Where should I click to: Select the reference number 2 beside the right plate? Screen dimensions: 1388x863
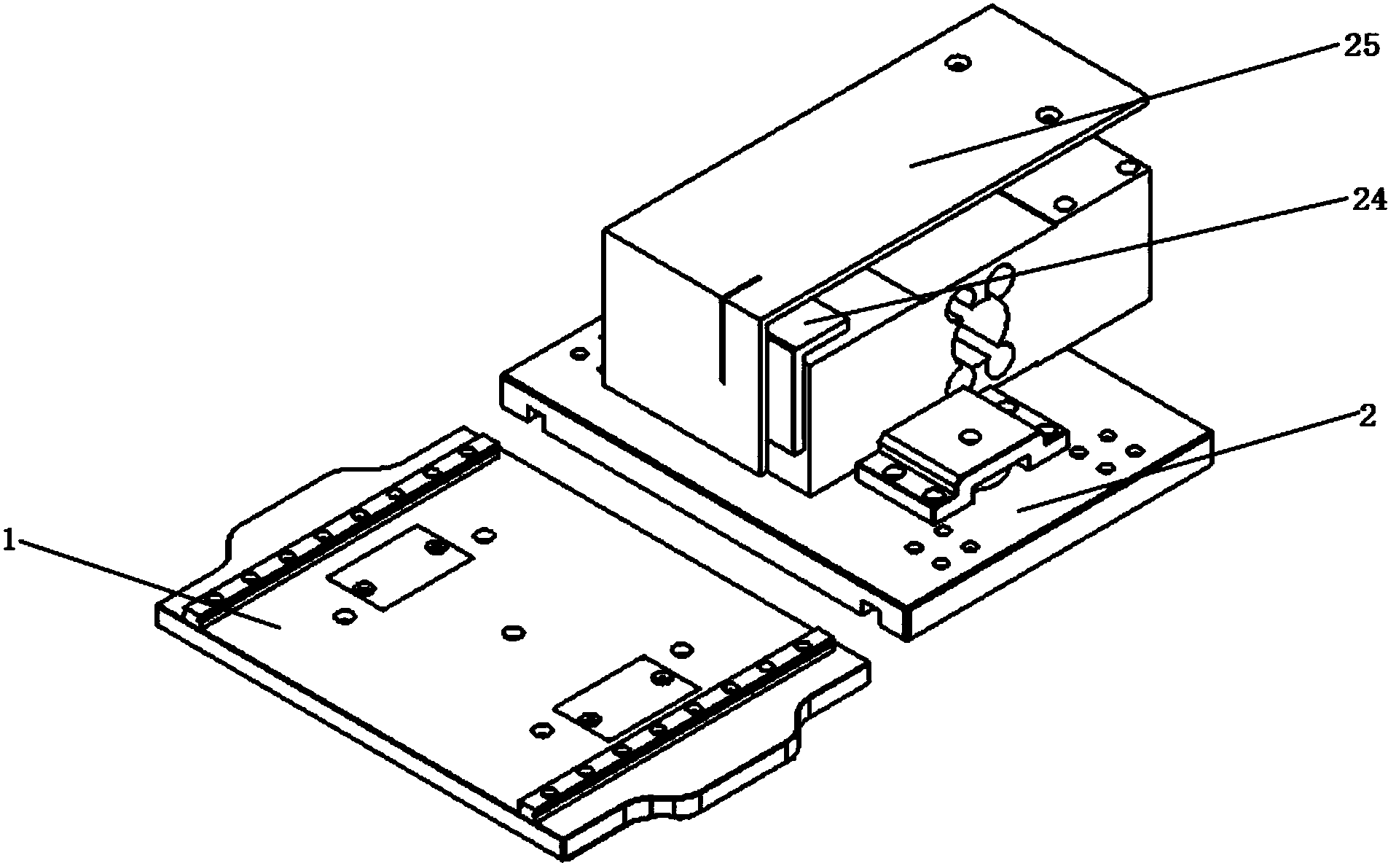pos(1366,416)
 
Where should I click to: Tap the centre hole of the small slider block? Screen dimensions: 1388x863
pos(969,437)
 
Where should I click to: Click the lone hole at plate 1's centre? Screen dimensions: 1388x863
pos(514,631)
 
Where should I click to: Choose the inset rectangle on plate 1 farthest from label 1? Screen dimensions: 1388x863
pos(627,696)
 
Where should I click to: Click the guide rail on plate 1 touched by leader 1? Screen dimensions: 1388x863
pos(342,531)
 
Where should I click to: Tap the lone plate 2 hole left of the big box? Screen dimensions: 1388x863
pos(579,354)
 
